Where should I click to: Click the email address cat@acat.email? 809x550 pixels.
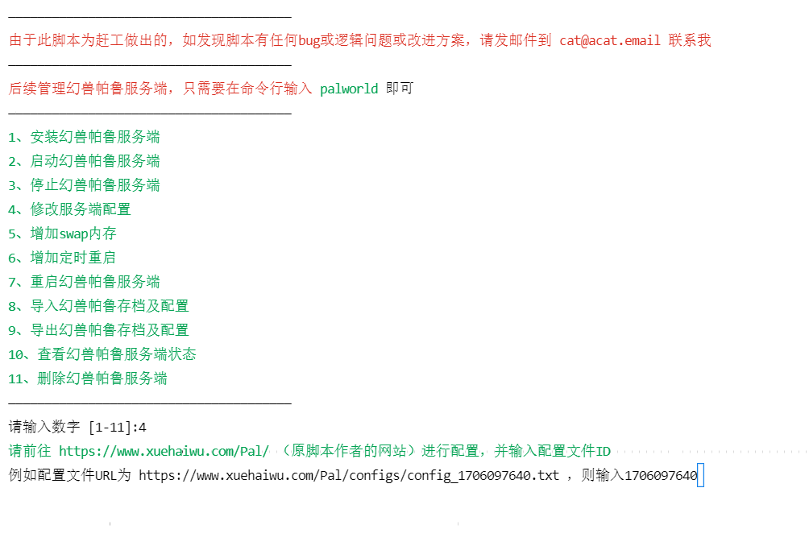click(610, 41)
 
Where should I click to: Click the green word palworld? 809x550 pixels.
click(349, 89)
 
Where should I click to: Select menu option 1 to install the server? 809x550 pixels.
click(84, 137)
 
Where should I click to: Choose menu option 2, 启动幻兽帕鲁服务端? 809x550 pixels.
click(84, 161)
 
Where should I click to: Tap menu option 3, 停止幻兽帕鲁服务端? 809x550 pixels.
click(84, 185)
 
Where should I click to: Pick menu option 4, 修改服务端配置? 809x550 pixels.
click(69, 210)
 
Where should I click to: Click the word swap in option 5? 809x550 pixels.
click(74, 234)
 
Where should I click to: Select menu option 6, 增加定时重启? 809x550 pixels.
click(62, 258)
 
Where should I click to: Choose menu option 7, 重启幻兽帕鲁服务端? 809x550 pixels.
click(84, 282)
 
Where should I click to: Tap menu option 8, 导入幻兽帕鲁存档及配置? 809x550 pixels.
click(98, 306)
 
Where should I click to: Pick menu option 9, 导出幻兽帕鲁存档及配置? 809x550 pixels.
click(98, 330)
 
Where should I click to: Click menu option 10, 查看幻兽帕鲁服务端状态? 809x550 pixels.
click(102, 354)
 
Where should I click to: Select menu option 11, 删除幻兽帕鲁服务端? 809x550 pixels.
click(88, 378)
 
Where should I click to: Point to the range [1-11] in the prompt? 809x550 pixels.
click(110, 428)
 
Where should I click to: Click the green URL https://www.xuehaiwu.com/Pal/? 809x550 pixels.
click(164, 452)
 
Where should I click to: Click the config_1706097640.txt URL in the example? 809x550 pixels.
click(349, 475)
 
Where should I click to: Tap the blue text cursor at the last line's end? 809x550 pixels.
click(701, 475)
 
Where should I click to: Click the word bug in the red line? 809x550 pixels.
click(309, 41)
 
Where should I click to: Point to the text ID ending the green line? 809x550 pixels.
click(604, 452)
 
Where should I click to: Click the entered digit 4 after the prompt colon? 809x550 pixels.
click(143, 428)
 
